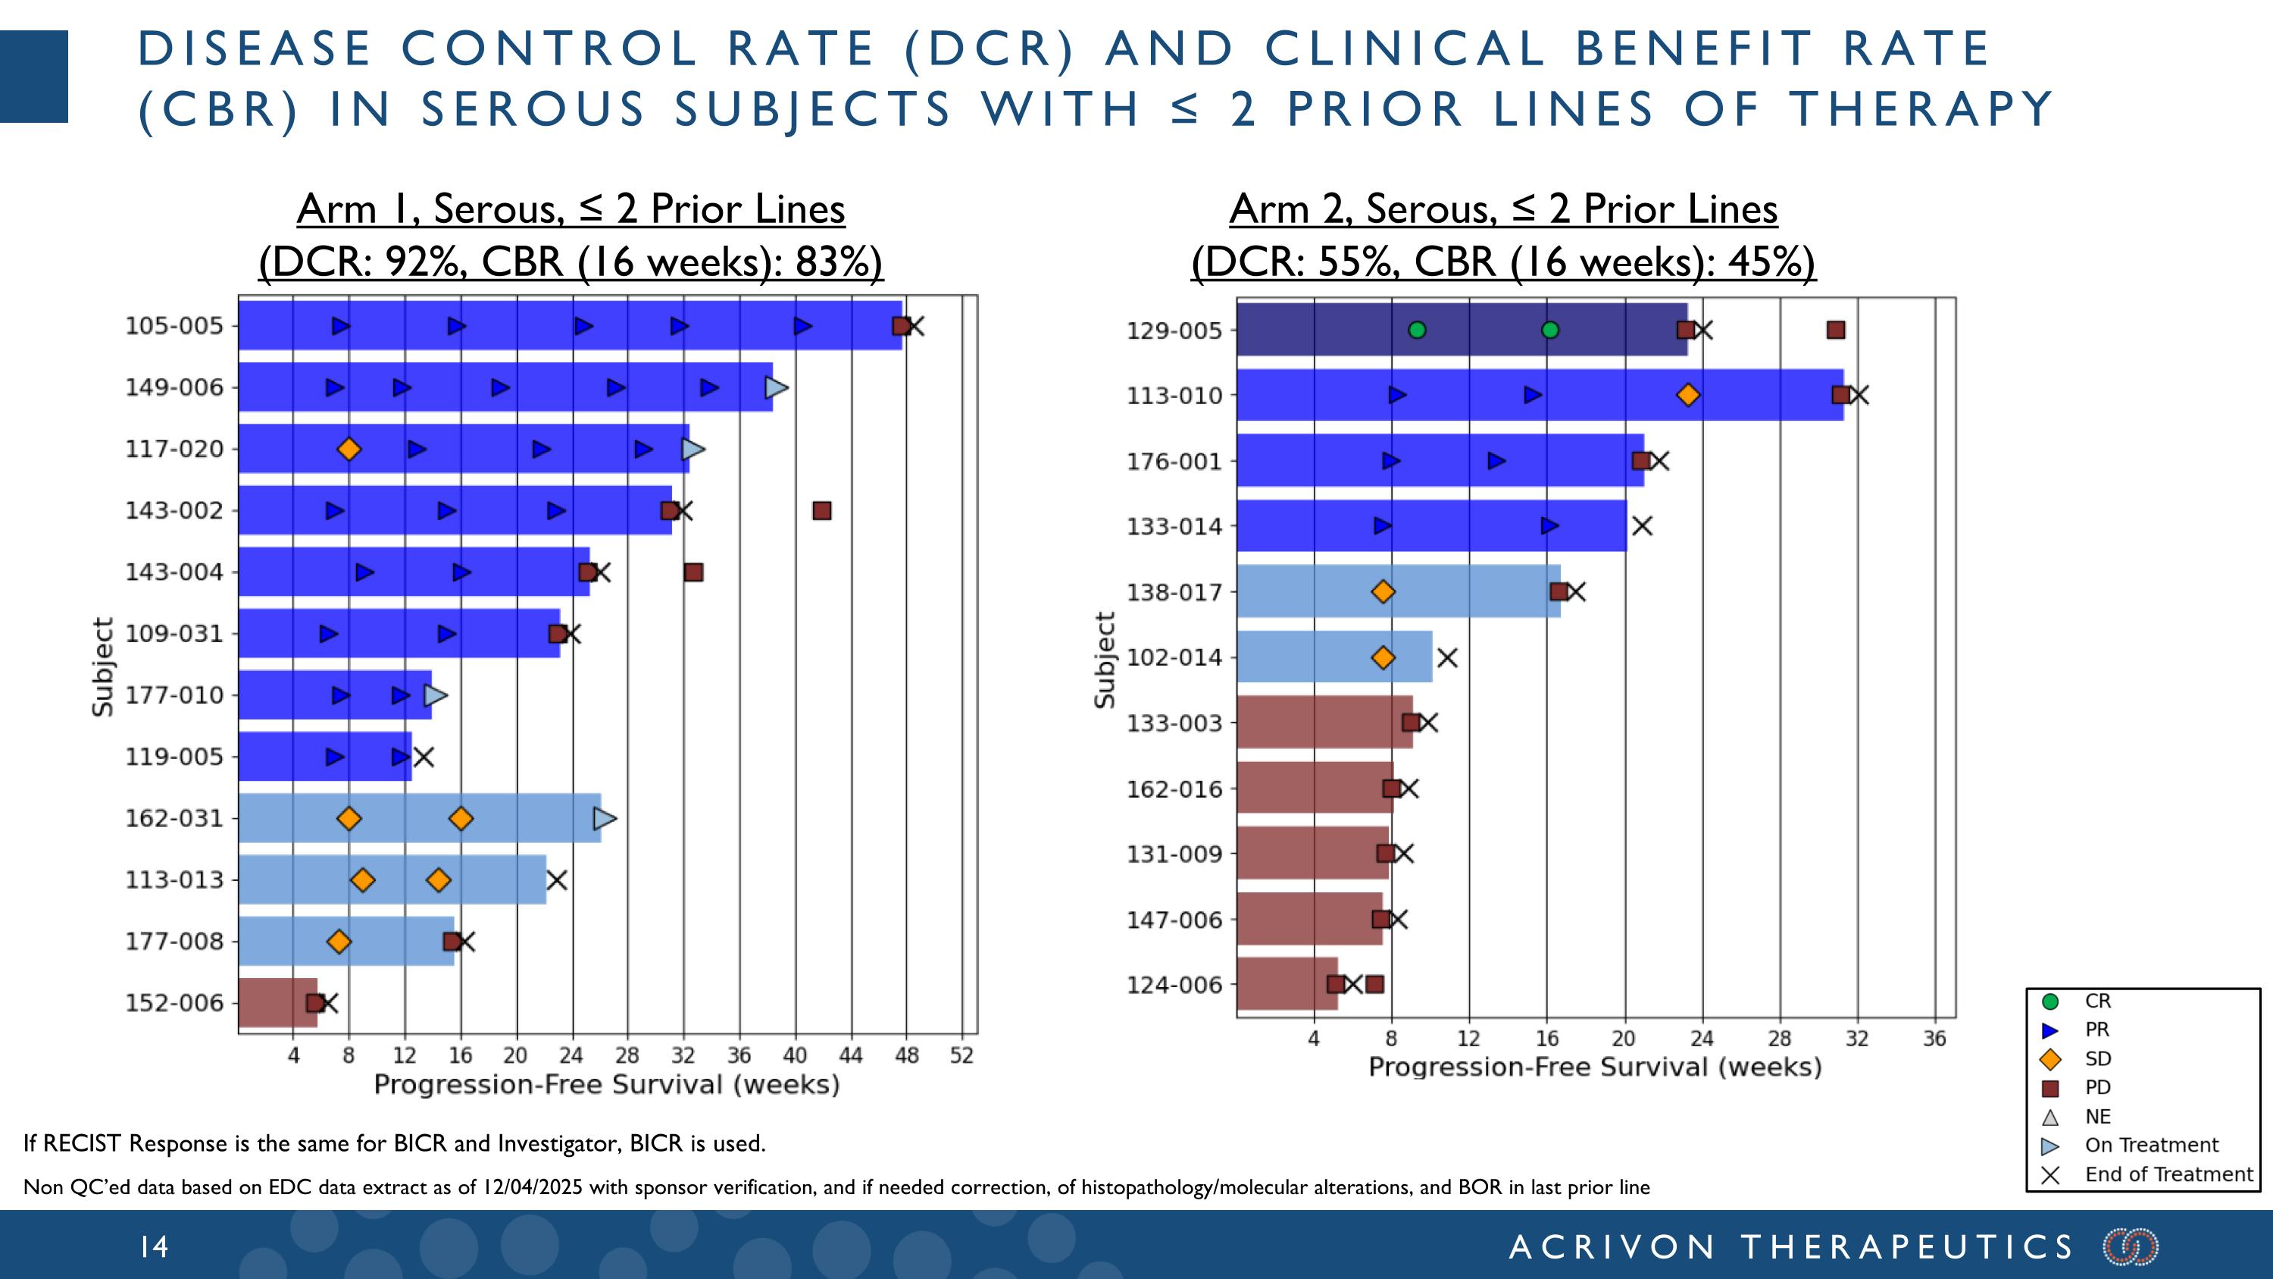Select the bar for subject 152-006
tap(278, 1003)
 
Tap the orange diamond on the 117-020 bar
tap(349, 450)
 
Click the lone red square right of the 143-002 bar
tap(821, 511)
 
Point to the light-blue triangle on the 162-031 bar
tap(605, 818)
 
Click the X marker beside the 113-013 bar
tap(556, 880)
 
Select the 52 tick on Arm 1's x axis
tap(961, 1055)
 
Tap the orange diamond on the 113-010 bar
tap(1688, 396)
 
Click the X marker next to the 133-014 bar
tap(1641, 526)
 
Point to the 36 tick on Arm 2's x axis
tap(1934, 1039)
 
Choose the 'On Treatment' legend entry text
tap(2151, 1146)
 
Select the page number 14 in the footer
tap(155, 1247)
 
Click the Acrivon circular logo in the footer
tap(2130, 1247)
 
